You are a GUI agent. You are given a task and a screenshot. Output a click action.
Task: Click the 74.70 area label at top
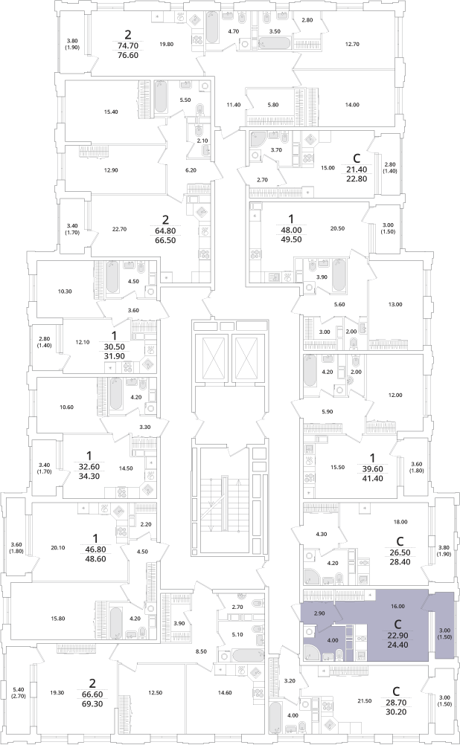pyautogui.click(x=127, y=45)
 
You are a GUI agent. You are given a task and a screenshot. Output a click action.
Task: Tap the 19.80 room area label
pyautogui.click(x=167, y=44)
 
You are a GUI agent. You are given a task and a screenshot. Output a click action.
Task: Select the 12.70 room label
pyautogui.click(x=352, y=44)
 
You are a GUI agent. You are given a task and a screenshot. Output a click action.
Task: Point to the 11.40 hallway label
pyautogui.click(x=234, y=105)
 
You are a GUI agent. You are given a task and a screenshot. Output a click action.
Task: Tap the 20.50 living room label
pyautogui.click(x=337, y=228)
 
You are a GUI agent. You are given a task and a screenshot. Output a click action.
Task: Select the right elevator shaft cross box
pyautogui.click(x=246, y=358)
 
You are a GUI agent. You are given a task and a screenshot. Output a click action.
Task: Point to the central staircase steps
pyautogui.click(x=220, y=500)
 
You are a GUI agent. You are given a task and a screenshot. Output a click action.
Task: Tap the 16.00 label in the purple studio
pyautogui.click(x=397, y=606)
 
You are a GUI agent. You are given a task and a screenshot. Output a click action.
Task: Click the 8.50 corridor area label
pyautogui.click(x=201, y=651)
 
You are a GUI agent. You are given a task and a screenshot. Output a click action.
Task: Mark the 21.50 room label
pyautogui.click(x=365, y=701)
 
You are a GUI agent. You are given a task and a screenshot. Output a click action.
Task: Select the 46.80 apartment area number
pyautogui.click(x=95, y=549)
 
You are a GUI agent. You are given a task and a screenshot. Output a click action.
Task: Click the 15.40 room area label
pyautogui.click(x=111, y=112)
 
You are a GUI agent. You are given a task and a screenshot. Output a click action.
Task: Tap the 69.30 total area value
pyautogui.click(x=92, y=717)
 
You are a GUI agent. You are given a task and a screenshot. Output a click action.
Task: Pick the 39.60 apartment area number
pyautogui.click(x=372, y=469)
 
